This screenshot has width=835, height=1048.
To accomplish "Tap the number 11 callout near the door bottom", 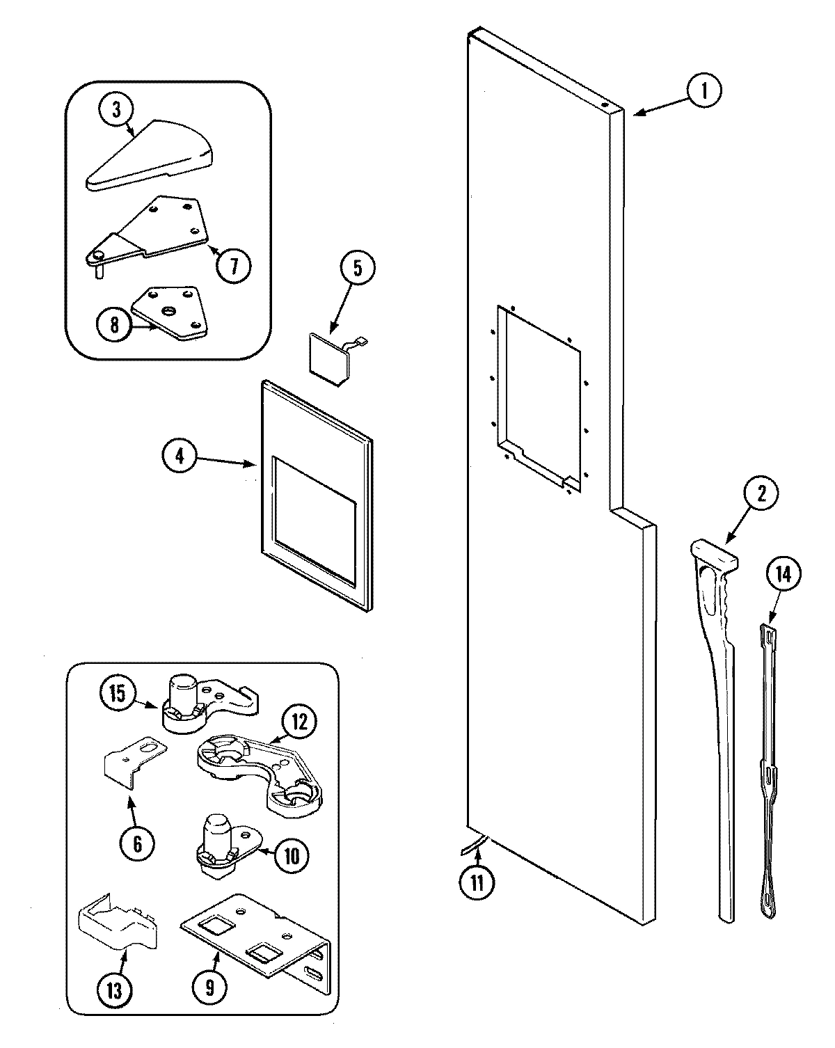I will (477, 882).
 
